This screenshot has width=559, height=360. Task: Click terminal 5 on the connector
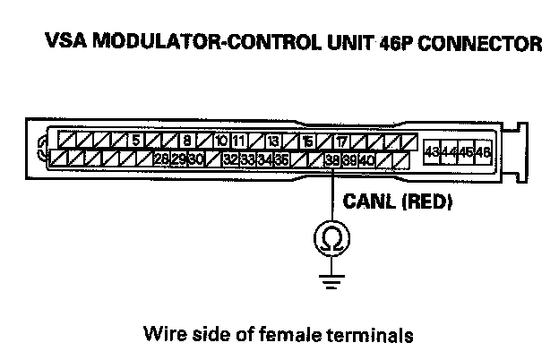point(133,141)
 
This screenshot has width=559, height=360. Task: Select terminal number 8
point(187,141)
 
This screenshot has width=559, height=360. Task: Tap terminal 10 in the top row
point(221,141)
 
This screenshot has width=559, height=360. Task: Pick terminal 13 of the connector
point(272,141)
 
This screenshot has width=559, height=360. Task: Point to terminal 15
point(306,141)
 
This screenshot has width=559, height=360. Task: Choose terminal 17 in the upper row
point(341,141)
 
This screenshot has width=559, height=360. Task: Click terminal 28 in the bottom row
point(161,159)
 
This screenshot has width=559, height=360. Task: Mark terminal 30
point(196,159)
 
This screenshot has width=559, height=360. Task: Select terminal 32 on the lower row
point(231,159)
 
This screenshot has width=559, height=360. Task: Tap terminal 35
point(281,159)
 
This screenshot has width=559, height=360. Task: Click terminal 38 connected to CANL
point(332,159)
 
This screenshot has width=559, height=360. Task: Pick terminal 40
point(366,159)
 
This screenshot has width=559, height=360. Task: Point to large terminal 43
point(432,151)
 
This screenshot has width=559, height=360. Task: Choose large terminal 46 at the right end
point(484,151)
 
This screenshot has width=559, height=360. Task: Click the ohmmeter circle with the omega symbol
point(332,237)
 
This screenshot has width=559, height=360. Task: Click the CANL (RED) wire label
point(398,202)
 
